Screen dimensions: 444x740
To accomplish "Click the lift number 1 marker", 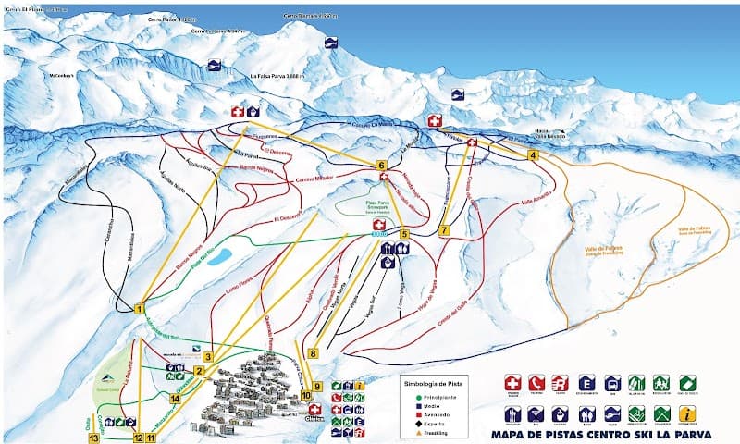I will (x=140, y=308).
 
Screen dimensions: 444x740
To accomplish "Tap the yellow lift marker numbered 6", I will (x=381, y=166).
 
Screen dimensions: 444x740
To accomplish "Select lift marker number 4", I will (x=533, y=155).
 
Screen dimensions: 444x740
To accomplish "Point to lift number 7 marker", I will (x=445, y=229).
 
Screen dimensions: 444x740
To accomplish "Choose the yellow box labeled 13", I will (x=93, y=438).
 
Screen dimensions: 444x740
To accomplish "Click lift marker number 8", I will (x=314, y=352).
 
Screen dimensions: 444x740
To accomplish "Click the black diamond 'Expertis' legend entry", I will (x=435, y=424).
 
